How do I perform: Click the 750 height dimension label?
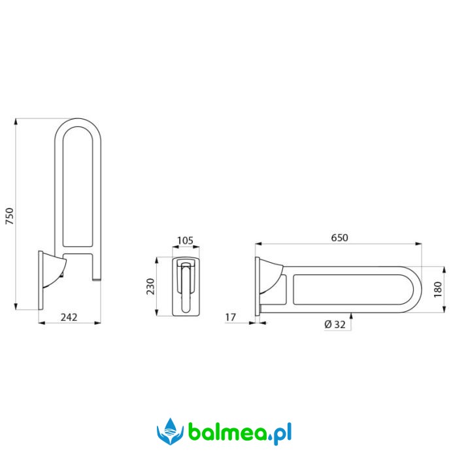[10, 216]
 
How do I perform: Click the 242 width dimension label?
[69, 317]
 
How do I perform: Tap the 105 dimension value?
[185, 241]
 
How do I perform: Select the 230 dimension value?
[150, 286]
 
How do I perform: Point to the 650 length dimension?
[339, 237]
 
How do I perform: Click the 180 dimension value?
[438, 290]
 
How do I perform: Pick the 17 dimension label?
[230, 317]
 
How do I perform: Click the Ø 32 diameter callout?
[335, 324]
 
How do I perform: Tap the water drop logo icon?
[170, 432]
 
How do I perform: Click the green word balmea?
[227, 432]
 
